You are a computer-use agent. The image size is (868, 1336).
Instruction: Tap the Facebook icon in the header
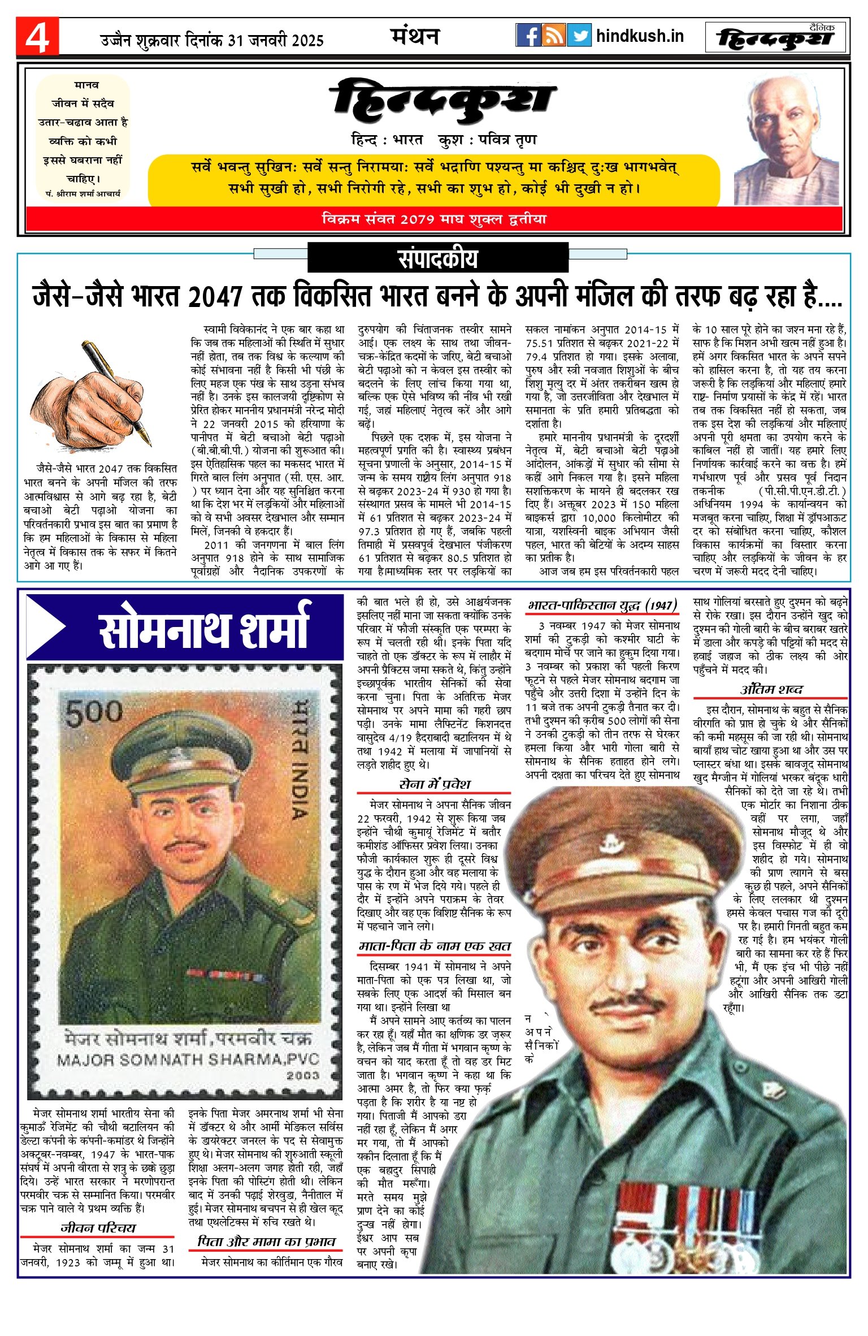pyautogui.click(x=528, y=36)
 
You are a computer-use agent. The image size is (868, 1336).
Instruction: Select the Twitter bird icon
pyautogui.click(x=579, y=36)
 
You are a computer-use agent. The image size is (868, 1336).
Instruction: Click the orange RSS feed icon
pyautogui.click(x=553, y=36)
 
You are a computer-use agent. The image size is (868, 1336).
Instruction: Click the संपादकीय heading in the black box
pyautogui.click(x=437, y=258)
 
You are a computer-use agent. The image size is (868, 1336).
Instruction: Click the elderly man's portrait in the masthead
pyautogui.click(x=786, y=142)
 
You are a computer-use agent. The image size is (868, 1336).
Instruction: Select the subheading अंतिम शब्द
pyautogui.click(x=771, y=690)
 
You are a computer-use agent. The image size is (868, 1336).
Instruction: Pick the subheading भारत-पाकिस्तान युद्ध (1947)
pyautogui.click(x=602, y=606)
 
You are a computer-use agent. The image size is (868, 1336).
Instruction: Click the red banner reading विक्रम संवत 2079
pyautogui.click(x=434, y=219)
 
